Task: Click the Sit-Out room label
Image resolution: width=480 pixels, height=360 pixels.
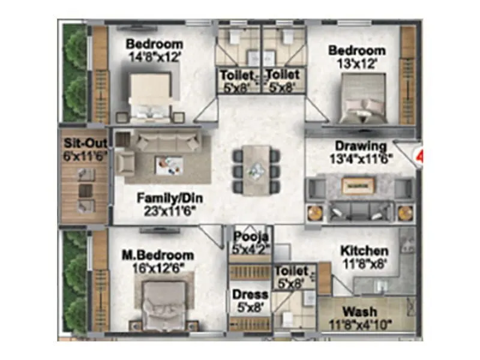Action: coord(85,145)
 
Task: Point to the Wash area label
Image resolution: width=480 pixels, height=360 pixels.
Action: coord(360,312)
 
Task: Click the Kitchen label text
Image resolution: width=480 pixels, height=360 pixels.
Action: coord(364,250)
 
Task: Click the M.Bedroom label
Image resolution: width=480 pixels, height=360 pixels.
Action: coord(157,255)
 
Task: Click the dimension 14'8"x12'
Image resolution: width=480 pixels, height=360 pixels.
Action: coord(154,59)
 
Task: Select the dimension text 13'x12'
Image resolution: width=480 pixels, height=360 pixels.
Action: coord(356,63)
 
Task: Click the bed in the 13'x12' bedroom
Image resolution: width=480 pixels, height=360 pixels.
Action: coord(362,98)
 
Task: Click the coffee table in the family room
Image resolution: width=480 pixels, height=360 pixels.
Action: coord(169,164)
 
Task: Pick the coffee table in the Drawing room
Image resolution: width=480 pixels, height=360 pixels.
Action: coord(358,186)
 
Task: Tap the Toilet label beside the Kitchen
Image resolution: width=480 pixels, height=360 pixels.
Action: coord(292,271)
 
